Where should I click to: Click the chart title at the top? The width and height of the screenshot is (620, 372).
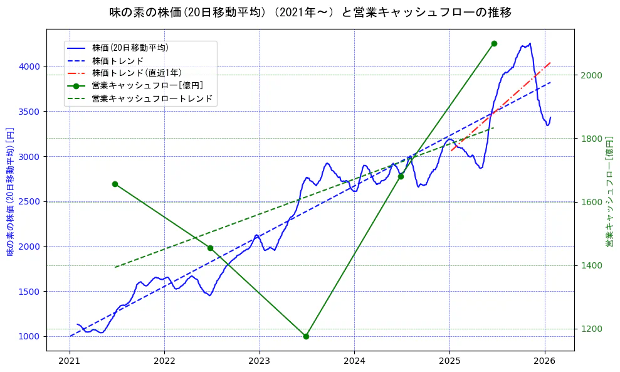click(310, 13)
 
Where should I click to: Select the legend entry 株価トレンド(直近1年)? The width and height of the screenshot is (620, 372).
click(136, 73)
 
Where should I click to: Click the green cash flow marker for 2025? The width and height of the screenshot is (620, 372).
click(494, 43)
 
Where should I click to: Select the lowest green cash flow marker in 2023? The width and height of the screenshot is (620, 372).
click(306, 336)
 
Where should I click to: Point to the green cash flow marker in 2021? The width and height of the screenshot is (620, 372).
click(115, 184)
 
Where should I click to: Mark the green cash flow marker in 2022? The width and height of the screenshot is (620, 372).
click(210, 248)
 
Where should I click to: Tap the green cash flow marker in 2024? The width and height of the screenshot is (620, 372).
click(401, 176)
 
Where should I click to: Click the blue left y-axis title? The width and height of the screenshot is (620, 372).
click(10, 189)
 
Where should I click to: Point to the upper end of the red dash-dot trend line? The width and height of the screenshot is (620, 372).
click(550, 63)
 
